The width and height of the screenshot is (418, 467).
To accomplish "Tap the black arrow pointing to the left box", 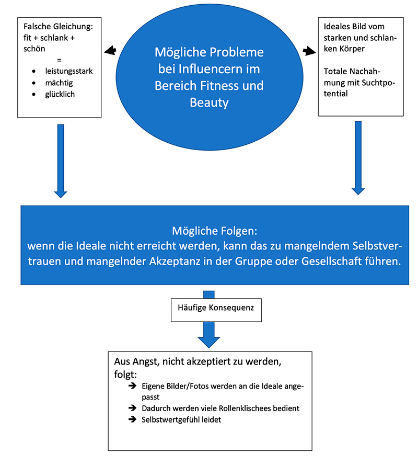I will point(109,51).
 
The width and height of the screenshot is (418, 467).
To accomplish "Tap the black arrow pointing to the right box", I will point(309,51).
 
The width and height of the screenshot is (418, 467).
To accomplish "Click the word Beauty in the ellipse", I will point(209,102).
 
